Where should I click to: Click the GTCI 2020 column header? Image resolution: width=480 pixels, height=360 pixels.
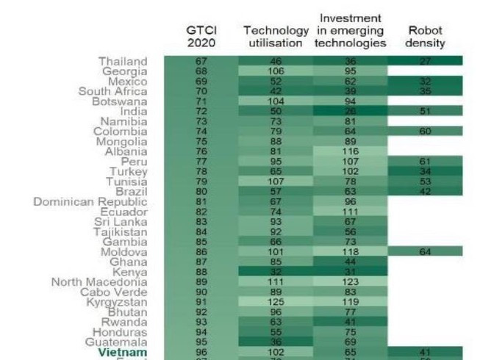coord(200,37)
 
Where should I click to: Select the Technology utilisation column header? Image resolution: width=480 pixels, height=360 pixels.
coord(276,37)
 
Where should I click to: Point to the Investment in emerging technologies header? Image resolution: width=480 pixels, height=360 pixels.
coord(351,30)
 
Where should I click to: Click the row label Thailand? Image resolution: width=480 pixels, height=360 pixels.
coord(123,61)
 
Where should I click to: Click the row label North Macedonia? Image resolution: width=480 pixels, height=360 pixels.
coord(99,281)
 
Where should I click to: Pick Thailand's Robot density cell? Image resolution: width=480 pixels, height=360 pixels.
coord(425,61)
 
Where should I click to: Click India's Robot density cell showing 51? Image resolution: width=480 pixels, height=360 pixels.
coord(425,111)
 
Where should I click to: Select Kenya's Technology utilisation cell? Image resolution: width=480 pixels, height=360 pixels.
coord(276,271)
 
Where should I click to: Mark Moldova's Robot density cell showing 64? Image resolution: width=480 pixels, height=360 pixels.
coord(425,251)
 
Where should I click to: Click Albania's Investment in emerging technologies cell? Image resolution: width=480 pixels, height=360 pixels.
coord(351,151)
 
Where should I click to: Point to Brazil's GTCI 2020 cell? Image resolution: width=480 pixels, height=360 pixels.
coord(200,191)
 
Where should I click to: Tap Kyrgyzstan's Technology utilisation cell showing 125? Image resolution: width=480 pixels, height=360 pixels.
coord(276,302)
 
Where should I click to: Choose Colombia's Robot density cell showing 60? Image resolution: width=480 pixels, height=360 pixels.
coord(425,132)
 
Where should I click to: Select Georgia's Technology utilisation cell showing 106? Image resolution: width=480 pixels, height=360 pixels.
coord(276,71)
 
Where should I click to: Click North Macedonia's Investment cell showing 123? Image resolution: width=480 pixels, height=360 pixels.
coord(351,281)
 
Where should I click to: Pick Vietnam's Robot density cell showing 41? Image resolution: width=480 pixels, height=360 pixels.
coord(425,352)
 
